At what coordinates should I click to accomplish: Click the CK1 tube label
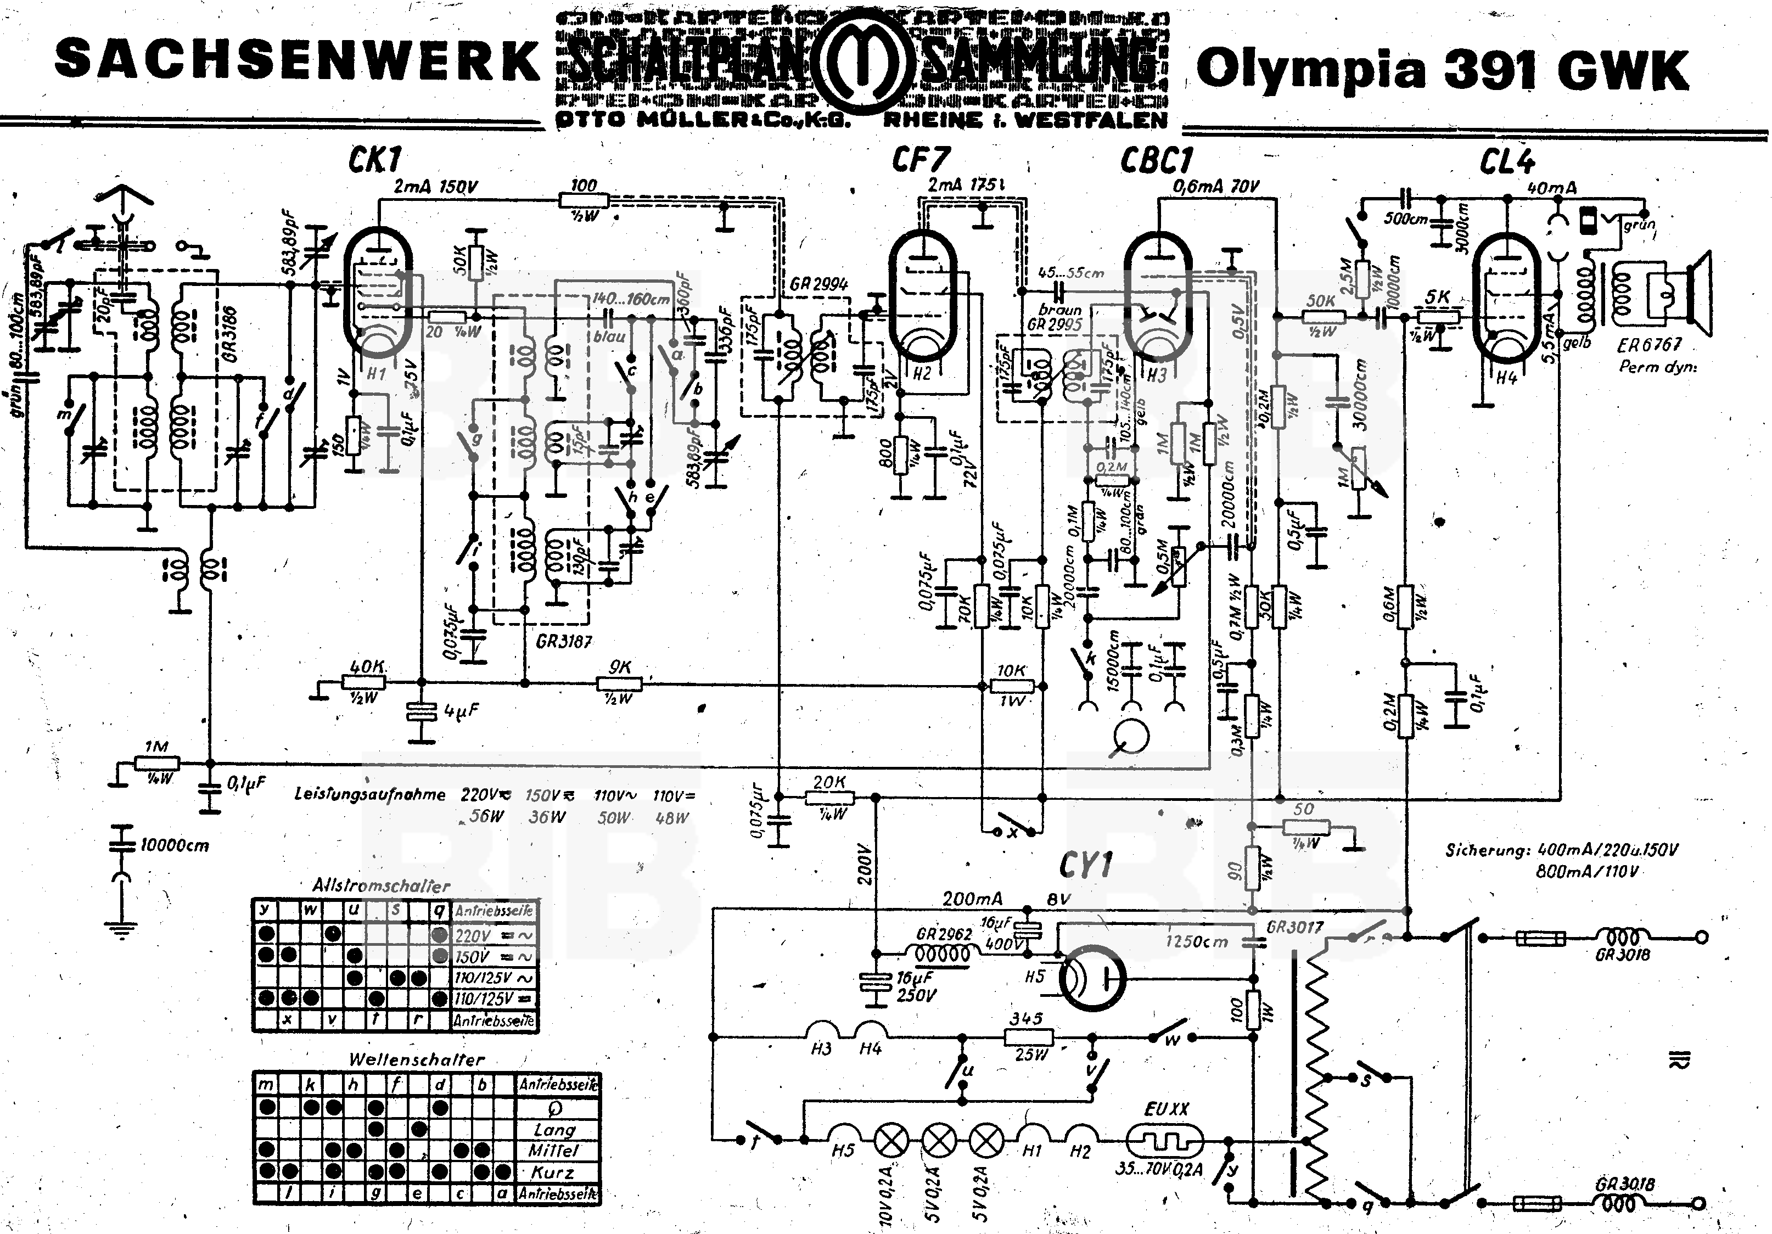pos(374,160)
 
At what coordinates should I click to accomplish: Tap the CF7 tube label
pos(920,160)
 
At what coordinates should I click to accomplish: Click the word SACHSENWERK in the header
pos(297,60)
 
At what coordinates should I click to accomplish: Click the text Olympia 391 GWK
pos(1442,70)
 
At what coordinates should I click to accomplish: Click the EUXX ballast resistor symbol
pos(1163,1139)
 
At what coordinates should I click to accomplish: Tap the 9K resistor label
pos(620,668)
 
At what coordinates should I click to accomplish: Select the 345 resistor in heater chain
pos(1029,1038)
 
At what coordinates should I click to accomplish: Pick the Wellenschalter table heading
pos(416,1059)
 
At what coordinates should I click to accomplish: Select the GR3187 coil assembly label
pos(563,641)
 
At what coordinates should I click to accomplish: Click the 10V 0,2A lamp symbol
pos(891,1139)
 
